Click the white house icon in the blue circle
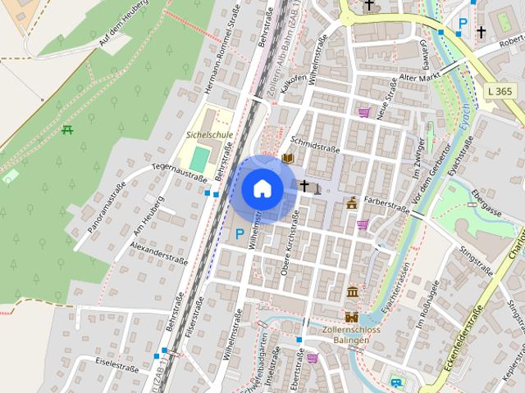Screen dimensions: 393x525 tap(262, 189)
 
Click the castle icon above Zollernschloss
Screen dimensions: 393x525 tap(352, 317)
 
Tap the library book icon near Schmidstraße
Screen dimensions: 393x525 tap(288, 158)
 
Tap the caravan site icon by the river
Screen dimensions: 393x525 tap(398, 382)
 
